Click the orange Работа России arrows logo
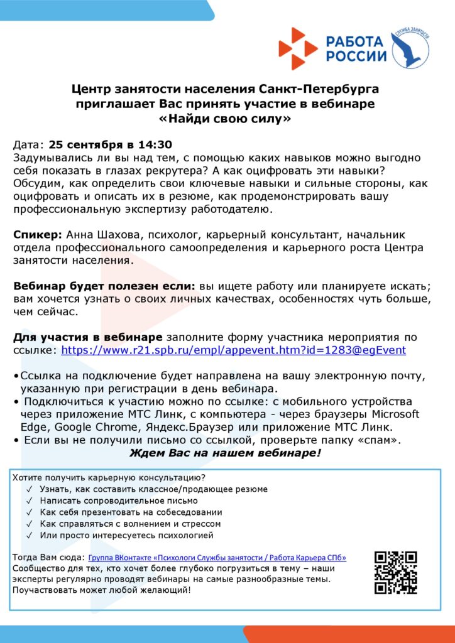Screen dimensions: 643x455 coord(299,48)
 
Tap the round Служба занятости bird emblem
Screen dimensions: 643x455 coord(410,48)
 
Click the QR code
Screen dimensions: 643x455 coord(396,573)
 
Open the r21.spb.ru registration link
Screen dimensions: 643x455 coord(233,350)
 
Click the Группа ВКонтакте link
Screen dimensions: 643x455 coord(217,558)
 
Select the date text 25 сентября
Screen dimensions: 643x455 coord(82,144)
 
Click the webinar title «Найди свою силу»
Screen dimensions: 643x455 coord(227,118)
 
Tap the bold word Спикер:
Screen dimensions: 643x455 coord(37,235)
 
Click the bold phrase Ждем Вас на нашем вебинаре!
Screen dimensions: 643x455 coord(225,453)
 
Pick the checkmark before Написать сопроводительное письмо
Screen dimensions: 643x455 coord(30,501)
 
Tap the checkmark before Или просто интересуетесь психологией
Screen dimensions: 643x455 coord(30,536)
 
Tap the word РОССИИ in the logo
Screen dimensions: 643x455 coord(356,56)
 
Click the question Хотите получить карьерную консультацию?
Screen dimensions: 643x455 coord(109,478)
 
